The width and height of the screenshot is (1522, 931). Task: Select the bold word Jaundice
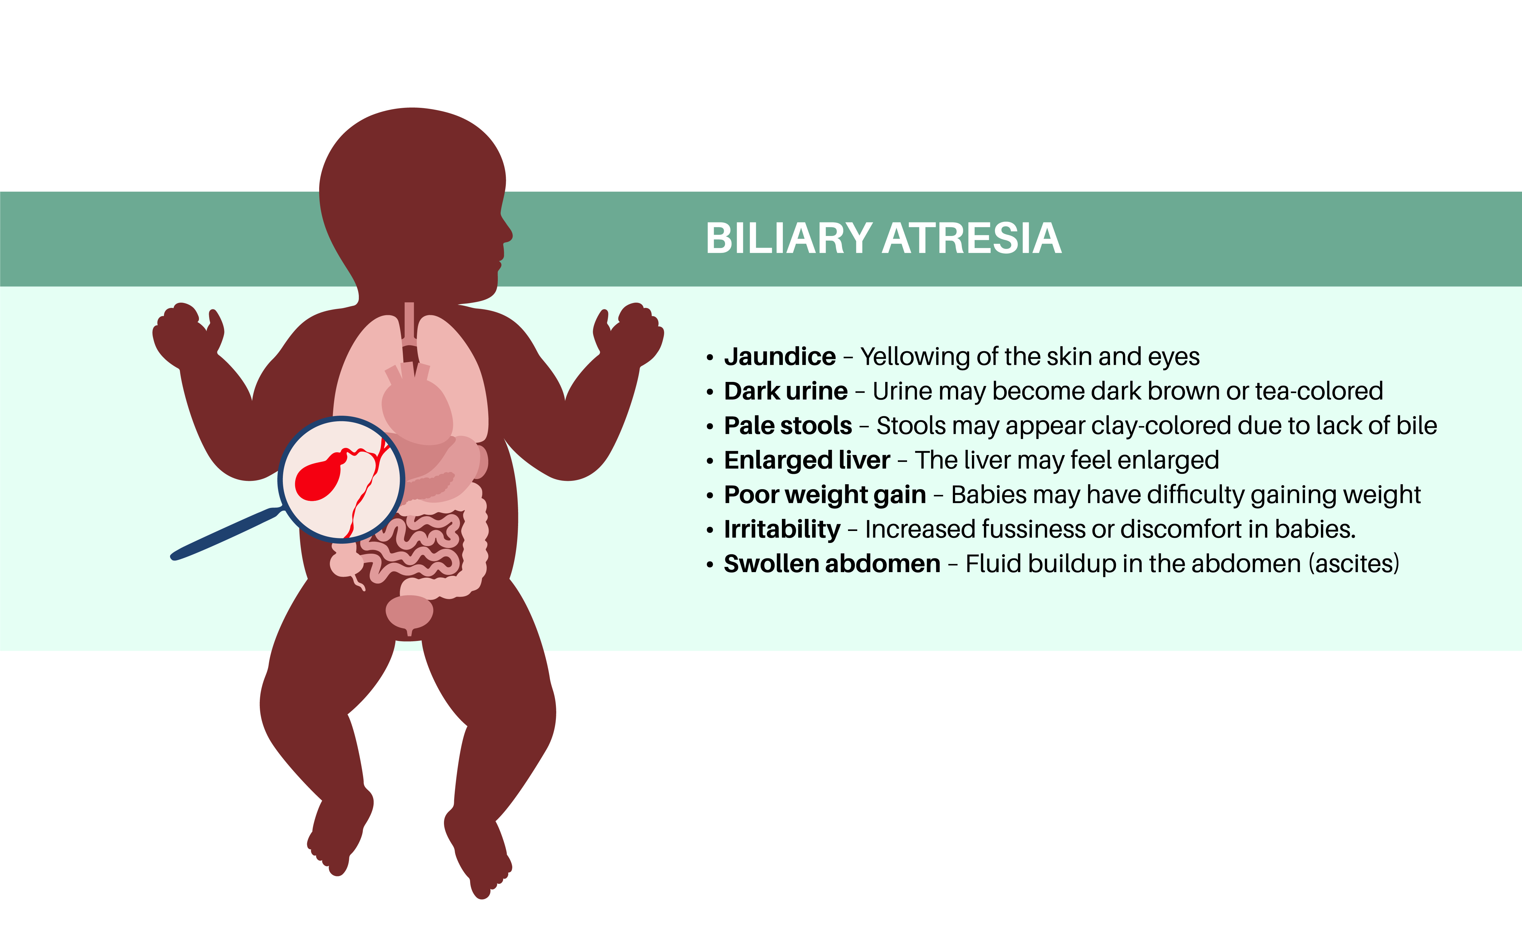click(x=779, y=357)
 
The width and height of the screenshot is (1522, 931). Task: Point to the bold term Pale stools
click(x=787, y=426)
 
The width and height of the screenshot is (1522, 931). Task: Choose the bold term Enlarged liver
click(x=807, y=461)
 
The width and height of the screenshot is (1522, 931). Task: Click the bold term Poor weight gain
click(x=825, y=495)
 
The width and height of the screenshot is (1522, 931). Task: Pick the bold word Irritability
click(x=782, y=530)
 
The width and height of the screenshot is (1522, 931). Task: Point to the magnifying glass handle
click(x=225, y=534)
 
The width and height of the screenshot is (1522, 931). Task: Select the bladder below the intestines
click(x=409, y=612)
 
